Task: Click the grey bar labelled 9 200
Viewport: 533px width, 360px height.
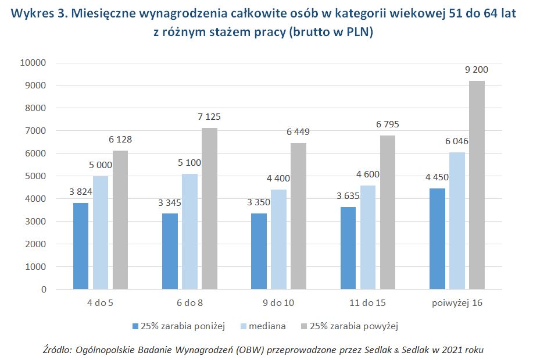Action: (477, 185)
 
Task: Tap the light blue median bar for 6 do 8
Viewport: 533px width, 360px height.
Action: (189, 231)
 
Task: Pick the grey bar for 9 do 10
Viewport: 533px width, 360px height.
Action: (298, 216)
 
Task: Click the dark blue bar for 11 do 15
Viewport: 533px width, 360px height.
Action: (348, 248)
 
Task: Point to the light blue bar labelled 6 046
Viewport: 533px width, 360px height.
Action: (457, 220)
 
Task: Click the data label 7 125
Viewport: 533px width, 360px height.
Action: (209, 117)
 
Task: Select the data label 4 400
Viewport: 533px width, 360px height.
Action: (278, 162)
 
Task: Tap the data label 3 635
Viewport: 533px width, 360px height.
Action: (347, 195)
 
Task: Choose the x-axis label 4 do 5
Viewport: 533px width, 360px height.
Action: (101, 303)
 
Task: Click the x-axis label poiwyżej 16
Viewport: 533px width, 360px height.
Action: (457, 303)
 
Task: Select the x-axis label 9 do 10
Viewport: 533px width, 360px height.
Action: (278, 303)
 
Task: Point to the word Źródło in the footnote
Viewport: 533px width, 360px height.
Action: (56, 350)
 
